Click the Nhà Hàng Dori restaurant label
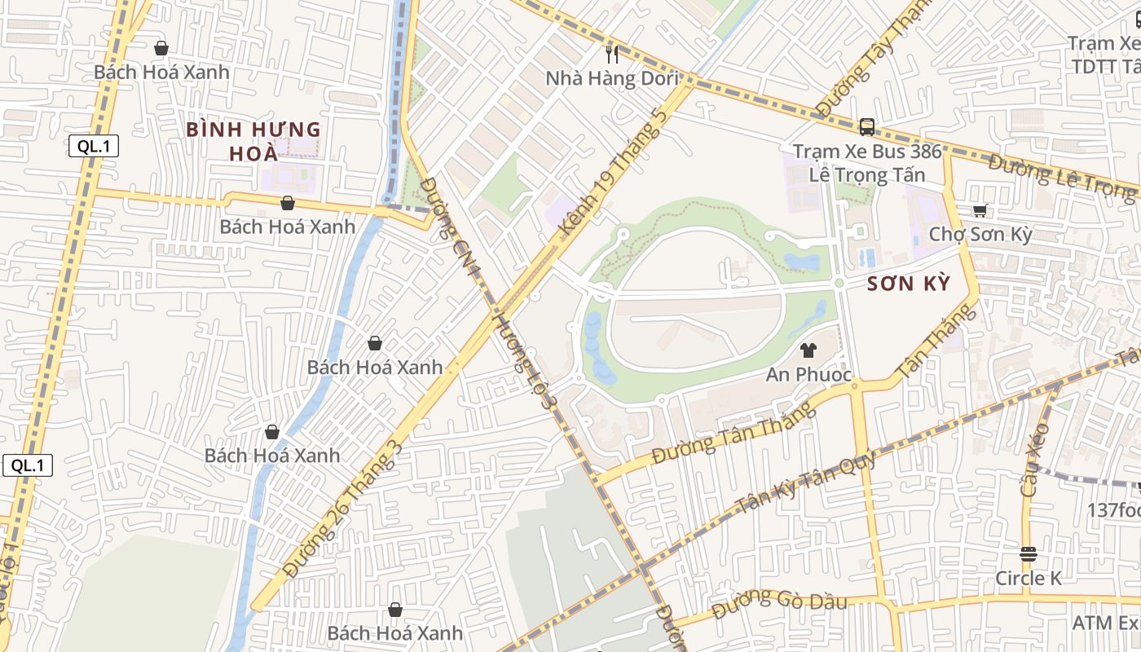[x=612, y=78]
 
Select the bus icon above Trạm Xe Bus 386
[x=867, y=127]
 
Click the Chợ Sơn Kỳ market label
[x=980, y=235]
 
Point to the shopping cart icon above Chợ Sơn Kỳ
[x=980, y=211]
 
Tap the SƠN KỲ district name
[x=909, y=284]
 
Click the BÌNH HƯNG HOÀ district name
[x=253, y=141]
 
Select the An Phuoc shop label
[x=808, y=375]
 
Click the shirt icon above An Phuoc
[x=808, y=351]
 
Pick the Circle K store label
[x=1029, y=578]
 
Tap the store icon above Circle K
[x=1029, y=554]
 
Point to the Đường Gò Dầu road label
[x=779, y=604]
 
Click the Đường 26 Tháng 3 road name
[x=341, y=509]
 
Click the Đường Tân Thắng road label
[x=734, y=433]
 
